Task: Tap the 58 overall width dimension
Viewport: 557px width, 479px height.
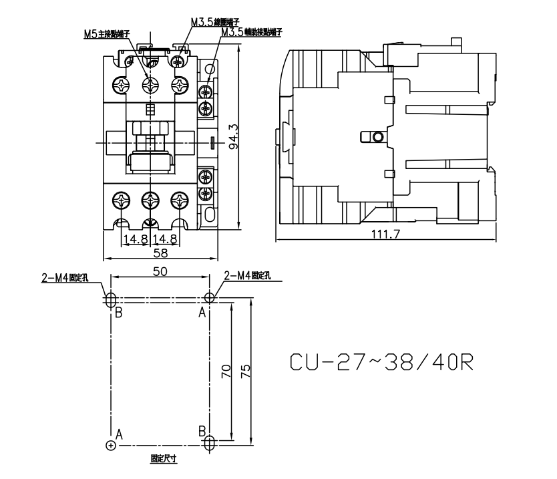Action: coord(161,253)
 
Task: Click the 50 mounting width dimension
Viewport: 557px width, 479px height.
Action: coord(160,271)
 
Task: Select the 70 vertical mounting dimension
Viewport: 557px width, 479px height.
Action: coord(227,371)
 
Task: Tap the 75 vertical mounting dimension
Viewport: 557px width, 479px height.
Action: coord(246,371)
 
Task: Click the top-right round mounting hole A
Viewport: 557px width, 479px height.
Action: coord(210,297)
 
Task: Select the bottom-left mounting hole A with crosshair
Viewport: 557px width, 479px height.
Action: coord(110,445)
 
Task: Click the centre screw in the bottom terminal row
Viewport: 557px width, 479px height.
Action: coord(151,200)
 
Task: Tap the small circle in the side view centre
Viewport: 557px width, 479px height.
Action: coord(378,137)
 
